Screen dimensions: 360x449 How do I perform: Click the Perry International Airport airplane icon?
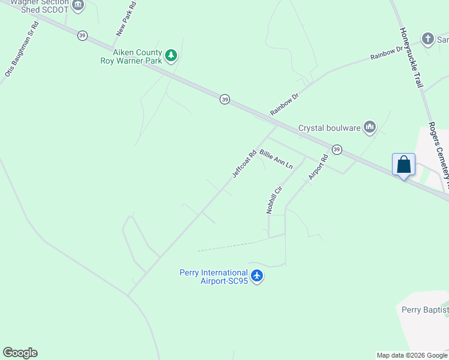pos(257,276)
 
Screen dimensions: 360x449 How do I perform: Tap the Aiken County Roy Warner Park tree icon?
pos(172,55)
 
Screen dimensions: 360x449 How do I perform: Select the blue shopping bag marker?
pos(403,165)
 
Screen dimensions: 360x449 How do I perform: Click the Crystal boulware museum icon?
pos(369,126)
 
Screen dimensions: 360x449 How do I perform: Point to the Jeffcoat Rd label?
pos(244,164)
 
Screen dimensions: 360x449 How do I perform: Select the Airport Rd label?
pos(318,167)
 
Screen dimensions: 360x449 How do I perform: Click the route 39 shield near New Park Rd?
pos(82,35)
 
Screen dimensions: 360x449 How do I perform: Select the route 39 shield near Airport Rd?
pos(337,149)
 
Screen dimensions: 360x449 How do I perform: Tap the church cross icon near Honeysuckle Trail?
pos(427,40)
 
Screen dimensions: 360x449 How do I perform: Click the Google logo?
pos(20,353)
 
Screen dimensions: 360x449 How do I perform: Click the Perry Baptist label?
pos(424,310)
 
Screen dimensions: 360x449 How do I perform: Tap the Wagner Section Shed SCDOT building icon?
pos(77,5)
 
